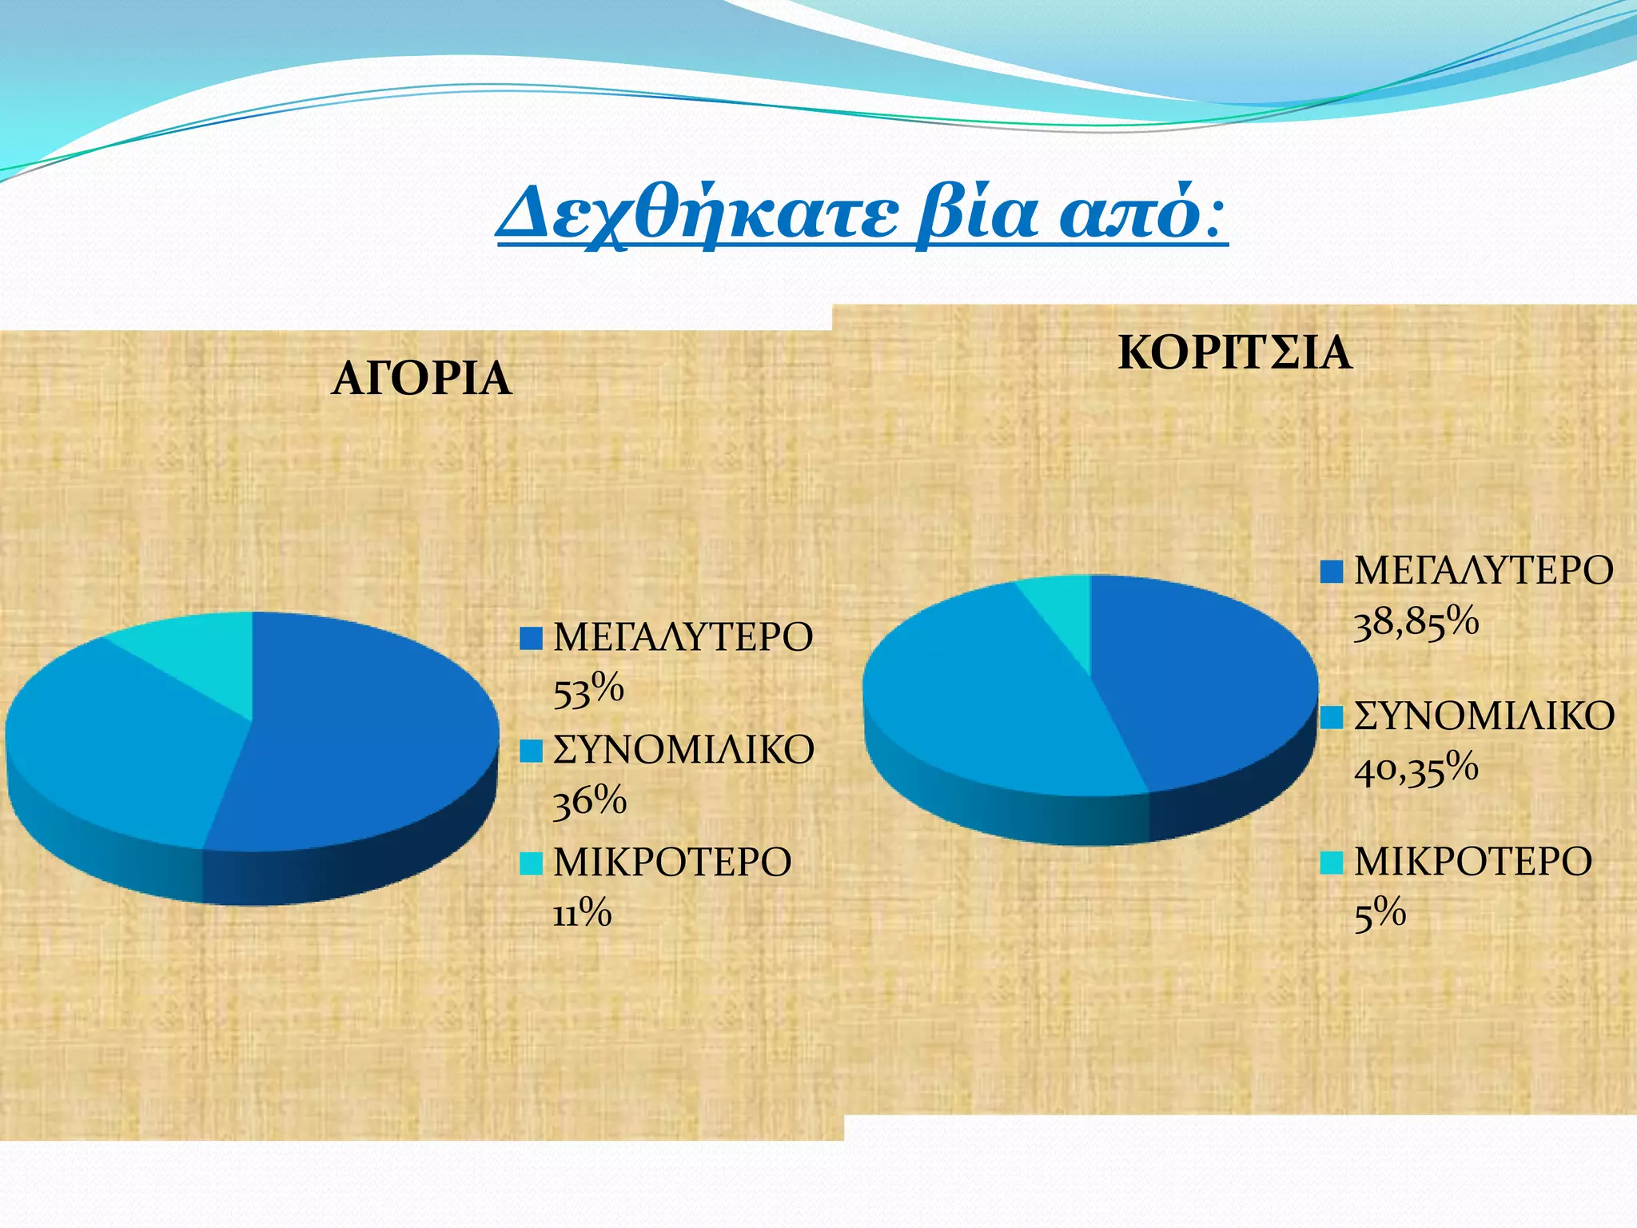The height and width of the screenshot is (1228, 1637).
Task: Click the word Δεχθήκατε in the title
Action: pos(695,214)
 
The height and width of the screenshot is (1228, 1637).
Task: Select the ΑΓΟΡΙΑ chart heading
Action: pos(421,379)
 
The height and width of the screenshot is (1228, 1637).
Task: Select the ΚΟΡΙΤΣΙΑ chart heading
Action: pos(1235,353)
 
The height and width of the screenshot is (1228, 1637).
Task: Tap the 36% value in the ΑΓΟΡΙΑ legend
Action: pos(590,801)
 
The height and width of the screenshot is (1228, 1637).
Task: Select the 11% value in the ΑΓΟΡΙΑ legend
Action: pos(582,913)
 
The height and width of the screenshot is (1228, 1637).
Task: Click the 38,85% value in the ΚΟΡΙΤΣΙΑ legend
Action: pos(1416,623)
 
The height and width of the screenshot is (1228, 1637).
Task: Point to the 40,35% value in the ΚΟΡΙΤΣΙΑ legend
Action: pos(1416,768)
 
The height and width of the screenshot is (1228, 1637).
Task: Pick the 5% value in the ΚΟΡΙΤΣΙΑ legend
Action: pos(1380,913)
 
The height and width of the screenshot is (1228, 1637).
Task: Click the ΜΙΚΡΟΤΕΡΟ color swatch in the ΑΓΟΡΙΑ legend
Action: pos(531,863)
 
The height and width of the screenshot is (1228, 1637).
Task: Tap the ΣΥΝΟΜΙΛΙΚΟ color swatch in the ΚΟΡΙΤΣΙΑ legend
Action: pos(1332,717)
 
